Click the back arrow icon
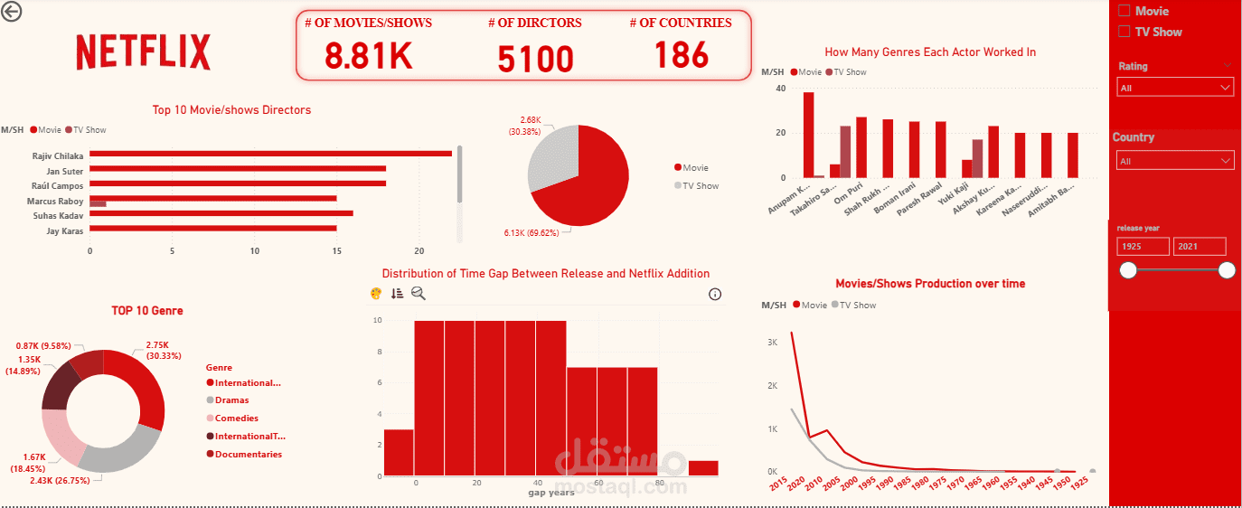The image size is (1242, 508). click(x=13, y=12)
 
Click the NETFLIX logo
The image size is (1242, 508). click(x=144, y=52)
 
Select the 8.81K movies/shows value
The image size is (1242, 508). click(x=368, y=56)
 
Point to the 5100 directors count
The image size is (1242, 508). click(x=535, y=60)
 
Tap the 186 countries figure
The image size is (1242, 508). click(x=682, y=56)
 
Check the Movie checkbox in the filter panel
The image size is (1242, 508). click(x=1124, y=11)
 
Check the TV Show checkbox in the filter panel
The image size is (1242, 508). click(x=1124, y=32)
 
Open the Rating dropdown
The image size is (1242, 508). click(x=1175, y=88)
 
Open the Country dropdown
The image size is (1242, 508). click(x=1175, y=161)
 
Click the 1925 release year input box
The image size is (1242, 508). click(x=1143, y=247)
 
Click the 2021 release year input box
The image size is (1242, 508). click(x=1199, y=247)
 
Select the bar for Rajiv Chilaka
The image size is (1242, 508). click(x=270, y=154)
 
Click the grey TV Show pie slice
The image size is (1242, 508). click(x=551, y=163)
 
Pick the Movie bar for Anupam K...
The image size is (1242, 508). click(x=808, y=136)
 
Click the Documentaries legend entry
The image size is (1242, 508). click(x=248, y=455)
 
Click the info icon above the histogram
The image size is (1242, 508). click(x=715, y=294)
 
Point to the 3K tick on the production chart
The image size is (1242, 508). click(x=772, y=343)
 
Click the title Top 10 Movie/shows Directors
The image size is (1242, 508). click(x=231, y=110)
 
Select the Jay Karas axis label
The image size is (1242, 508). click(x=65, y=231)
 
